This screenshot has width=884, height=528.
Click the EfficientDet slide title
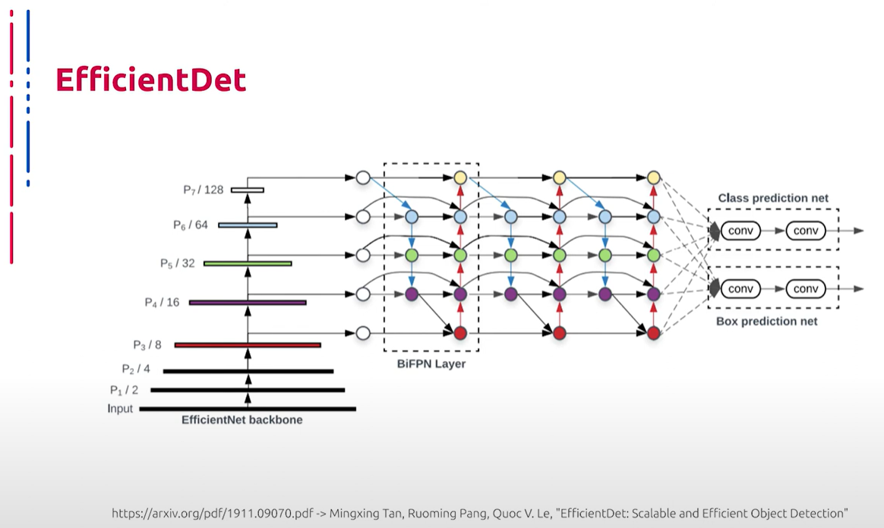tap(150, 80)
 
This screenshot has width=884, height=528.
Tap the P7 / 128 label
tap(203, 190)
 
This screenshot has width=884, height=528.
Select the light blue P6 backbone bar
tap(248, 225)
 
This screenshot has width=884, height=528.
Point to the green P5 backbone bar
tap(248, 263)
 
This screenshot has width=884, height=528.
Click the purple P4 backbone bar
tap(248, 303)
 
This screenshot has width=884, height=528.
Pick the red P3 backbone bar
tap(248, 345)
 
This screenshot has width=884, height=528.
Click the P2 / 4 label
tap(136, 369)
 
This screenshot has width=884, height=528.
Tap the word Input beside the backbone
tap(120, 409)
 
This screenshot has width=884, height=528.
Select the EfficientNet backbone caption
tap(242, 420)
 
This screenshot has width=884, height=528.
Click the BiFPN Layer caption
tap(431, 363)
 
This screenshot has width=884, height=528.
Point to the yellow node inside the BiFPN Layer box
tap(460, 178)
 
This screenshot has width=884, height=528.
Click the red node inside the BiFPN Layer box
tap(460, 333)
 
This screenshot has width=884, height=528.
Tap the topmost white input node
tap(363, 178)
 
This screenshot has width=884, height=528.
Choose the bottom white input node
tap(363, 333)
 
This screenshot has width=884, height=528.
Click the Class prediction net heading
tap(773, 198)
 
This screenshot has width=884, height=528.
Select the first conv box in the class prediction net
tap(740, 231)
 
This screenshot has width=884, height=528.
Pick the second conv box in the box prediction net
tap(806, 289)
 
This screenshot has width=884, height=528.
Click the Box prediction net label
tap(767, 322)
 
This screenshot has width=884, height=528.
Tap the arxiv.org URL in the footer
tap(213, 514)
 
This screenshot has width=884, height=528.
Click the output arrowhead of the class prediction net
tap(859, 231)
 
